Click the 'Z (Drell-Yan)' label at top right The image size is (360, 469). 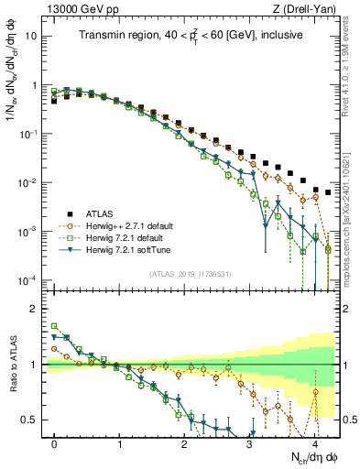tap(307, 8)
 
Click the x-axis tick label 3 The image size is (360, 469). tap(249, 443)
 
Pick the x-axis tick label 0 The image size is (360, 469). tap(54, 443)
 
